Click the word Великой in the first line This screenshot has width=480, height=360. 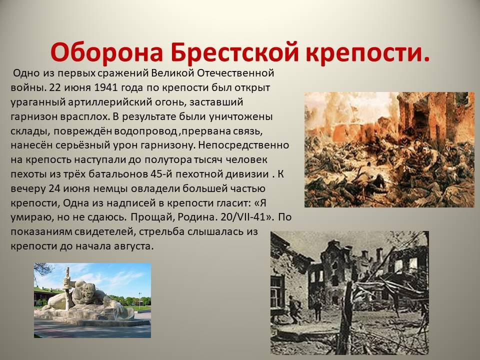[172, 73]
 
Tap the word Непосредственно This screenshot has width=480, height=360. [243, 145]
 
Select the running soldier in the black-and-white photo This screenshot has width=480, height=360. [295, 309]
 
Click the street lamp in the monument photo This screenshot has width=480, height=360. [139, 299]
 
